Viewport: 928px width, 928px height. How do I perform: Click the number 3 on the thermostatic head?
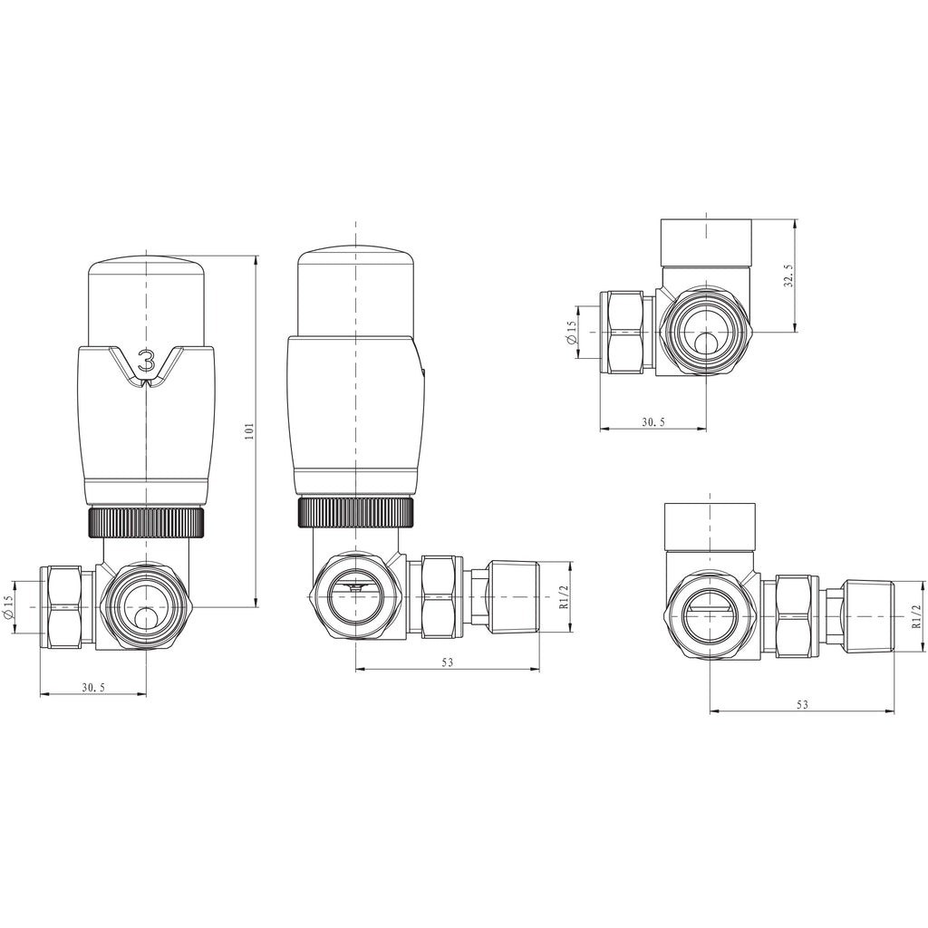146,361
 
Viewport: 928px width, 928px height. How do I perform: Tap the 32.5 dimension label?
788,275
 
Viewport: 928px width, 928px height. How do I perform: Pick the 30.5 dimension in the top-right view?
653,422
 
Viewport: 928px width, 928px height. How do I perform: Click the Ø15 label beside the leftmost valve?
8,608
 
